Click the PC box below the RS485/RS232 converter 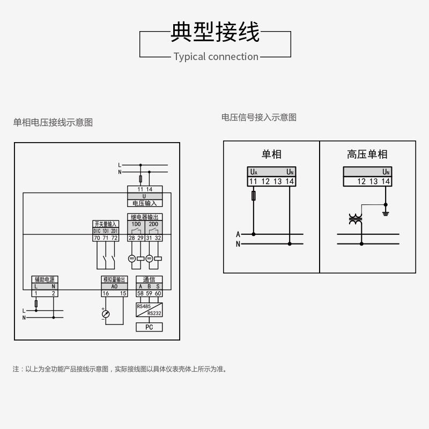[x=149, y=327]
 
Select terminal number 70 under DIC [x=97, y=238]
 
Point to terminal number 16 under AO [x=106, y=293]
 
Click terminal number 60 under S [x=158, y=293]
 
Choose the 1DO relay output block [x=136, y=224]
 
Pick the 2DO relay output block [x=153, y=224]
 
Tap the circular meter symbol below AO [x=106, y=314]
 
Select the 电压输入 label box [x=145, y=203]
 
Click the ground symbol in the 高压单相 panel [x=385, y=213]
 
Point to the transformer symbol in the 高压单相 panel [x=355, y=219]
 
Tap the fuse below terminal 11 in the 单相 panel [x=254, y=197]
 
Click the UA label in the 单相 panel [x=254, y=172]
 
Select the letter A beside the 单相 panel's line [x=238, y=234]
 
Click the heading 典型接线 [x=214, y=32]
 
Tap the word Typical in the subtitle [x=189, y=57]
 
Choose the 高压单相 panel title [x=367, y=154]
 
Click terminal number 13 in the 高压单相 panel [x=373, y=181]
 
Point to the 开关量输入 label [x=106, y=224]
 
